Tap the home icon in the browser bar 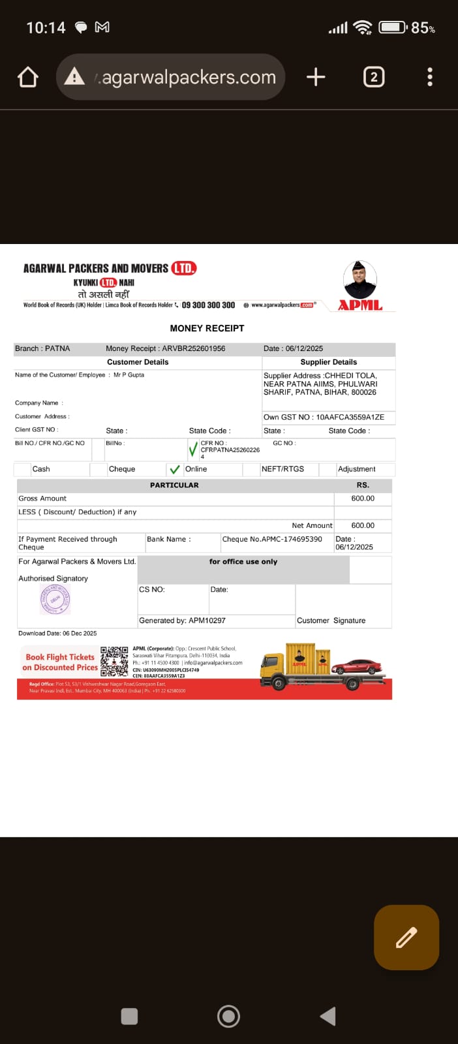coord(28,77)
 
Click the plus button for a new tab coord(316,77)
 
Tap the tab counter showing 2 coord(373,77)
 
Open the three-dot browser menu coord(430,77)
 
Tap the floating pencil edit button coord(406,937)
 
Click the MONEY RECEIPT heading coord(207,328)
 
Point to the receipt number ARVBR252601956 coord(194,348)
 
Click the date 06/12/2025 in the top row coord(304,348)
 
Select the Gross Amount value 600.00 coord(363,499)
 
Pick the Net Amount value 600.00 coord(363,525)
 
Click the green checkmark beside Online coord(174,469)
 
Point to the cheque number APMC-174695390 coord(292,540)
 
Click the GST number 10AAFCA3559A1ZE coord(350,417)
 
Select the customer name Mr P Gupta coord(129,375)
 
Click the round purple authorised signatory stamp coord(55,599)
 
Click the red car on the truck coord(356,666)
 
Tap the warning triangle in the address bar coord(74,77)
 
